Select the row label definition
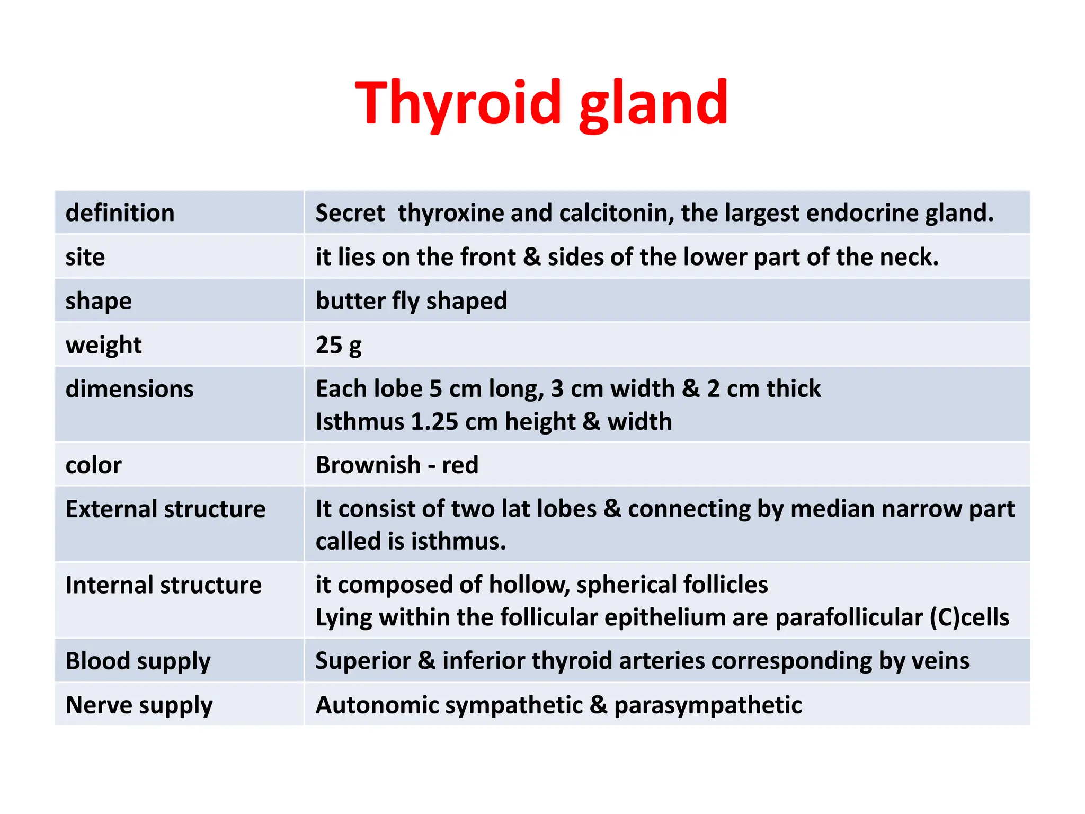click(120, 213)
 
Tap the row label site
click(85, 257)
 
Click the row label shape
click(99, 301)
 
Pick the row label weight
click(104, 345)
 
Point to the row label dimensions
click(130, 389)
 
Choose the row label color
click(94, 465)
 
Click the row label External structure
click(165, 509)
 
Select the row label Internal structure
click(163, 585)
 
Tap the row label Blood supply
click(138, 661)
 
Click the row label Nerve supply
click(139, 705)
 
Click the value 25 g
click(339, 345)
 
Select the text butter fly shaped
click(411, 301)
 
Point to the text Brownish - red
click(397, 465)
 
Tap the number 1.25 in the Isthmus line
click(434, 422)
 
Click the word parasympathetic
click(708, 705)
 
